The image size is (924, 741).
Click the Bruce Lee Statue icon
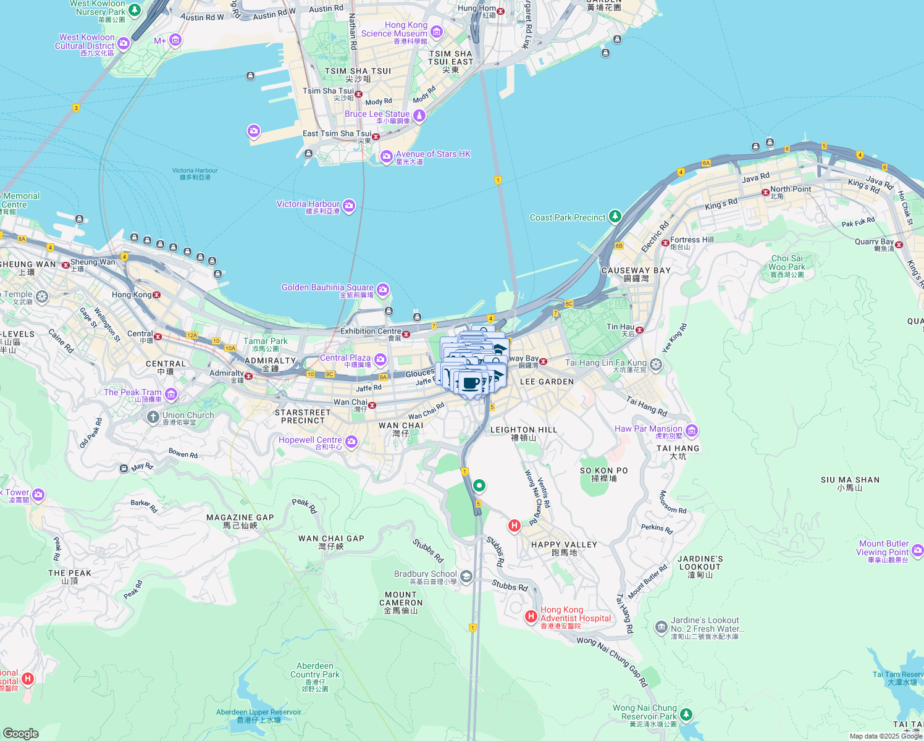click(x=419, y=115)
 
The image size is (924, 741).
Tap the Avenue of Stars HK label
click(x=433, y=154)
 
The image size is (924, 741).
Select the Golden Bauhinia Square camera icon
click(x=383, y=290)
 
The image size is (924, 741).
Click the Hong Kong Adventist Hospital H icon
click(x=531, y=616)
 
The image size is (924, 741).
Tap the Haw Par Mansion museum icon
click(x=691, y=430)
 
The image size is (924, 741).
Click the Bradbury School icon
click(x=466, y=577)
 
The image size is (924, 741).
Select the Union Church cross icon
click(x=153, y=417)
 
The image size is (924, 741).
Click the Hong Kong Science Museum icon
click(x=437, y=31)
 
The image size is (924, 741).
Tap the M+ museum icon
click(x=175, y=41)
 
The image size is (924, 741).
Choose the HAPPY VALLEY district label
click(x=564, y=545)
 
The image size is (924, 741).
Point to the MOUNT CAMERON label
click(x=401, y=599)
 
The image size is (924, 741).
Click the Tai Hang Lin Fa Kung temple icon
click(x=656, y=364)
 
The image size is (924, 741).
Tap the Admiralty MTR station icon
click(x=249, y=376)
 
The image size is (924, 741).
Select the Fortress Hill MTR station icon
click(x=665, y=243)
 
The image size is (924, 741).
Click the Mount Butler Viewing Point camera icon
click(x=917, y=550)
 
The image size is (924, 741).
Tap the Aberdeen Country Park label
click(x=315, y=671)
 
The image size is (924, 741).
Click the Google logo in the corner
click(x=20, y=733)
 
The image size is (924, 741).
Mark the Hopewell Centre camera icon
click(x=351, y=442)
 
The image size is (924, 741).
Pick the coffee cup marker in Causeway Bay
click(x=471, y=383)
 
